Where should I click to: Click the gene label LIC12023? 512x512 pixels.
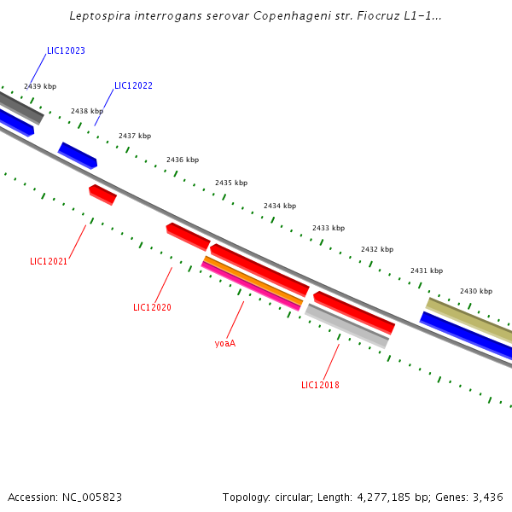[x=66, y=51]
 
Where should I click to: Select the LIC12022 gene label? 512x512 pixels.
[x=133, y=85]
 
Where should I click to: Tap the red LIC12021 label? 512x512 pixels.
[x=49, y=261]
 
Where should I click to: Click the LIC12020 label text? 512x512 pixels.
[x=152, y=307]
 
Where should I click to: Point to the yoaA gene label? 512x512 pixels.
[x=224, y=343]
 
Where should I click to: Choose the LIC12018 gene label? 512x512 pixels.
[x=320, y=385]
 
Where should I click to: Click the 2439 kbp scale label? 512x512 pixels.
[x=40, y=86]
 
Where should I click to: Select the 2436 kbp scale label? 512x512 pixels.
[x=183, y=160]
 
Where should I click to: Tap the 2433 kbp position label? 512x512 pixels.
[x=329, y=228]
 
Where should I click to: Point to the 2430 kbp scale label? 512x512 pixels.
[x=476, y=291]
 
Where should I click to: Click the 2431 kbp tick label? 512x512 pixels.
[x=427, y=271]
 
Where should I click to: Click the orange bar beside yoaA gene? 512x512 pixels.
[x=253, y=279]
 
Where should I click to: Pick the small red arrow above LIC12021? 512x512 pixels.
[x=102, y=195]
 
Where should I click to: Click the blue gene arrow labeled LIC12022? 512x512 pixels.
[x=78, y=155]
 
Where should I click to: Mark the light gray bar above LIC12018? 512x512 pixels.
[x=346, y=326]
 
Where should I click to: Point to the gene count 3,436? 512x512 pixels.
[x=488, y=497]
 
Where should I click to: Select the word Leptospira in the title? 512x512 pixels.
[x=99, y=15]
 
